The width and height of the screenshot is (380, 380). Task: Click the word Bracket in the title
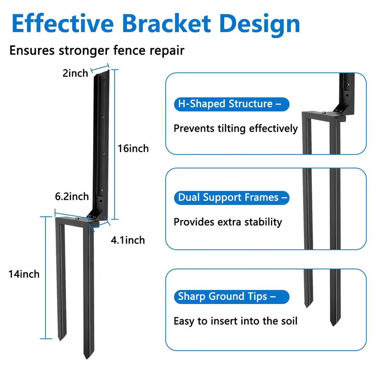coord(166,24)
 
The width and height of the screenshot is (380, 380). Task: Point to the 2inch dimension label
coord(75,73)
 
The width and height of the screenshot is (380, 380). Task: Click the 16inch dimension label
coord(133,148)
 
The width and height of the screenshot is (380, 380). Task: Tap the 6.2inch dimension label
coord(72,197)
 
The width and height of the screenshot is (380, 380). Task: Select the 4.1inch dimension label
coord(128,240)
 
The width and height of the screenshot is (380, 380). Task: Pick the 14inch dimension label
coord(24,274)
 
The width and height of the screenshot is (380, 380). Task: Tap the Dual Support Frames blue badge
coord(232,198)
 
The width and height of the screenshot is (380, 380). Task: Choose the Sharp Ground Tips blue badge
coord(232,297)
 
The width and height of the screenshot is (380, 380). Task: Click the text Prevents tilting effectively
coord(235,128)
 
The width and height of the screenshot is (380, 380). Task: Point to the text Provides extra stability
coord(228,222)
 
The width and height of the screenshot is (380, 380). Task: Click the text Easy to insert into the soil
coord(235,321)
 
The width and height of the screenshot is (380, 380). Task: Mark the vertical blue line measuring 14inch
coord(46,278)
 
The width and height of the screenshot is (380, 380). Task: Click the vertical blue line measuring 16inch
coord(115,145)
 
